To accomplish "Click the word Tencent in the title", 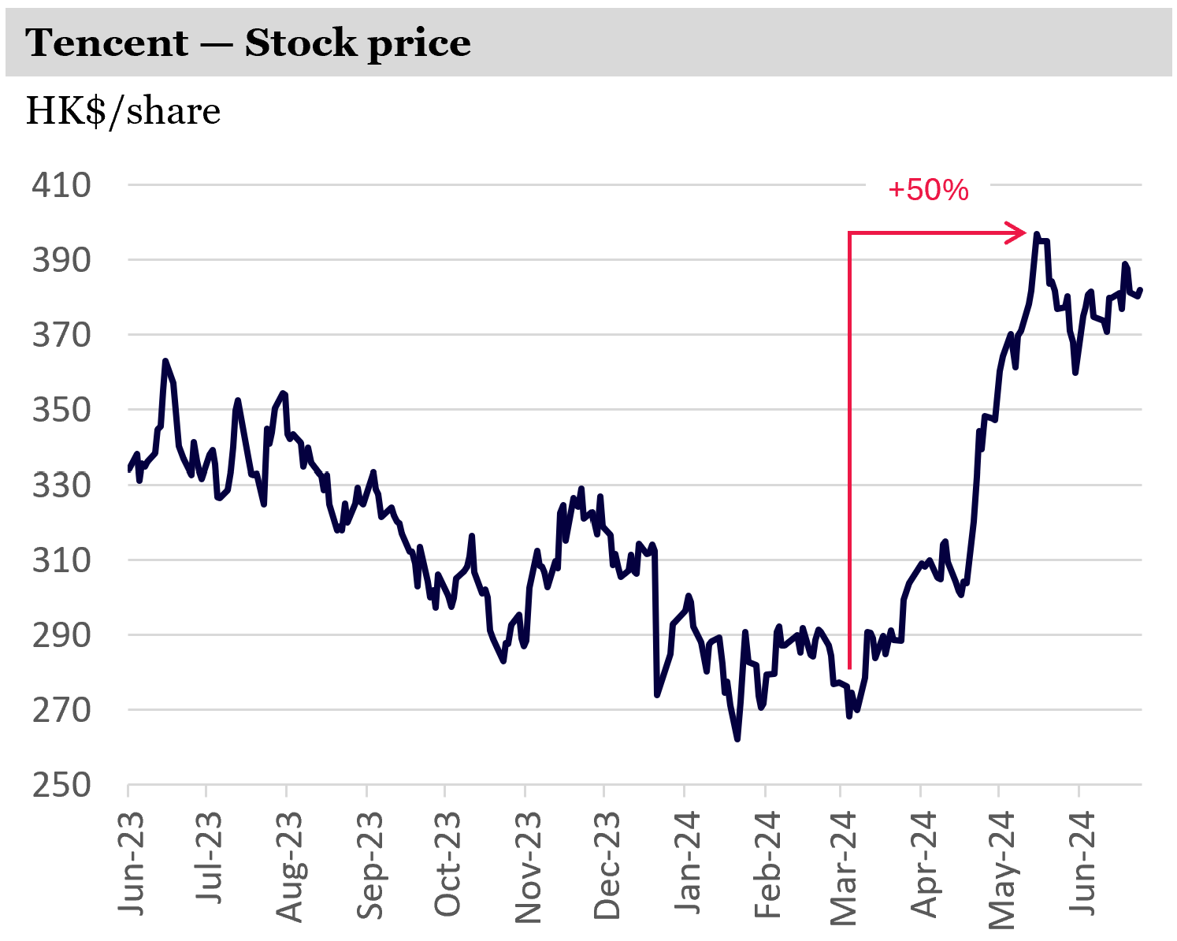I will (x=107, y=43).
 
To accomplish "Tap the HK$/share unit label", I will (x=123, y=111).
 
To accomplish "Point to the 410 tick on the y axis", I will (x=61, y=185).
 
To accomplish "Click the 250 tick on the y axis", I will (x=61, y=785).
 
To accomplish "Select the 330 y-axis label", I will (x=61, y=485).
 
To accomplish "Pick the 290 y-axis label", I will (x=61, y=634).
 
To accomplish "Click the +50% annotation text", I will (x=928, y=190).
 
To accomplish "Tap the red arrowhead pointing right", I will (x=1016, y=232).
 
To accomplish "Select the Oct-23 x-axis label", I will (x=448, y=865).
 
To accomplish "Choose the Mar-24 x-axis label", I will (x=845, y=865).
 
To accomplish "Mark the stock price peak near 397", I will (x=1037, y=234).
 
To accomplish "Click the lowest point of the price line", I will (x=737, y=739).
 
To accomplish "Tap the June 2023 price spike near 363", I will (x=165, y=361).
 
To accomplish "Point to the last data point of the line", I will (x=1141, y=289).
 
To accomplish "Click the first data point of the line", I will (x=128, y=470).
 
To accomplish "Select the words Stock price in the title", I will (x=358, y=43).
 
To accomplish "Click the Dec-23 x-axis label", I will (x=607, y=865).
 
